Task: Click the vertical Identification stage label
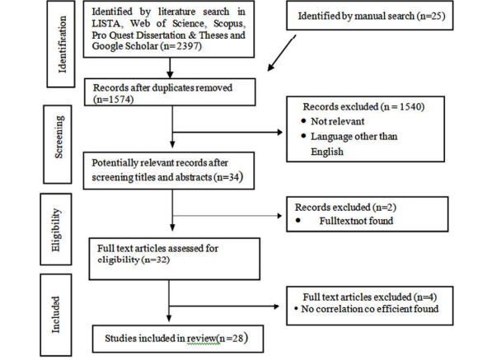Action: [62, 44]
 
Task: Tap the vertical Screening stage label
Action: [59, 137]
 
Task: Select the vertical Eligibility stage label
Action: [56, 230]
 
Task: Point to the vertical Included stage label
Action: [55, 315]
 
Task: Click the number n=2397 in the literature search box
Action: [180, 46]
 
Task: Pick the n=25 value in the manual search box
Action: [430, 16]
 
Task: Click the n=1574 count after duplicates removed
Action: [114, 100]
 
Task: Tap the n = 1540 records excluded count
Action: [402, 107]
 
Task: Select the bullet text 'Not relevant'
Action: [337, 121]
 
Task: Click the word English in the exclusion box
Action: [327, 152]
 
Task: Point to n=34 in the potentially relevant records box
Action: [227, 177]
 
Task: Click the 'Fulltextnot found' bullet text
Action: [356, 221]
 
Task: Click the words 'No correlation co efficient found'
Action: [370, 309]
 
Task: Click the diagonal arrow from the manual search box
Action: [282, 53]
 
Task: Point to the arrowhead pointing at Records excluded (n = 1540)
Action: [279, 133]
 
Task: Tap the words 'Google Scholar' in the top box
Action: [124, 46]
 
